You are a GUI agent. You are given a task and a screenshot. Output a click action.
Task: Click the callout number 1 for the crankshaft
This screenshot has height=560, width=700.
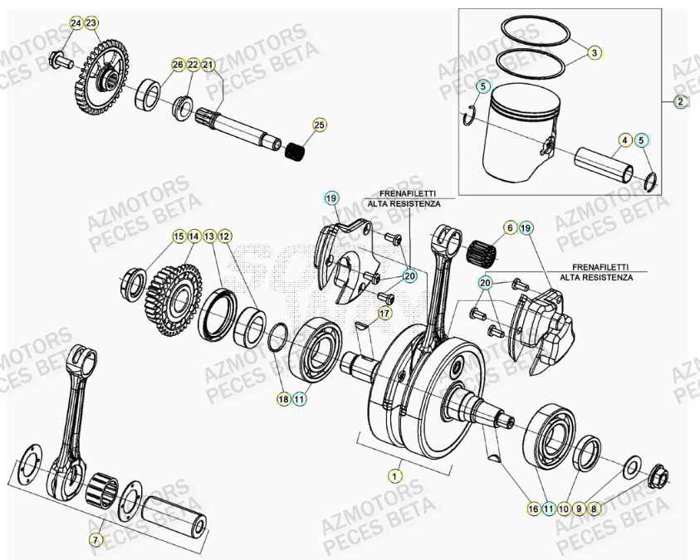click(x=394, y=475)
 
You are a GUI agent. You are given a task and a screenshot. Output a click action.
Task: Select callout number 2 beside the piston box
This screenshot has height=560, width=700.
click(x=681, y=102)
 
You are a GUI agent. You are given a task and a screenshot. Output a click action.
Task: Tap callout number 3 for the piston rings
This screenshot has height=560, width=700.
click(x=595, y=53)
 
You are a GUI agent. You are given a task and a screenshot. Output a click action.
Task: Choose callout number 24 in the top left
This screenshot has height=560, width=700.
click(x=76, y=22)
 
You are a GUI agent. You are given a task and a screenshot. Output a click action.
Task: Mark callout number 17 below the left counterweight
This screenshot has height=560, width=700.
click(x=384, y=313)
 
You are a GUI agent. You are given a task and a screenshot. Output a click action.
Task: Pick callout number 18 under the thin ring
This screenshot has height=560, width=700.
click(x=283, y=399)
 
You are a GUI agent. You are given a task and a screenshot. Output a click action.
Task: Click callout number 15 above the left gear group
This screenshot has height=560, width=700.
click(x=179, y=237)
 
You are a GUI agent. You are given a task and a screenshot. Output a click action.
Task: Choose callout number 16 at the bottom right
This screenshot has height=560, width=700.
click(x=533, y=508)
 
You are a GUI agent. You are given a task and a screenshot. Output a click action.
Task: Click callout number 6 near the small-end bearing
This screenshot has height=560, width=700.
click(x=509, y=226)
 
